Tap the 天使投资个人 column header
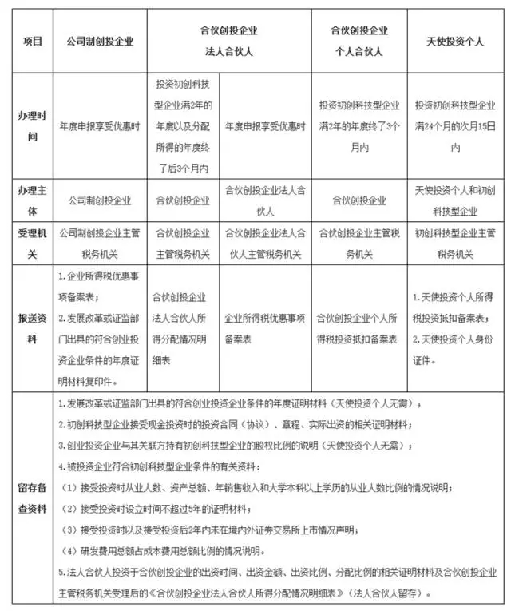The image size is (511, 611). pyautogui.click(x=456, y=41)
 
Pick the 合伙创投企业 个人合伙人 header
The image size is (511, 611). pyautogui.click(x=359, y=41)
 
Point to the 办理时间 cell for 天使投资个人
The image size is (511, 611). pyautogui.click(x=456, y=126)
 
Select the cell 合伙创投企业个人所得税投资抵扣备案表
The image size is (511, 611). pyautogui.click(x=359, y=328)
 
